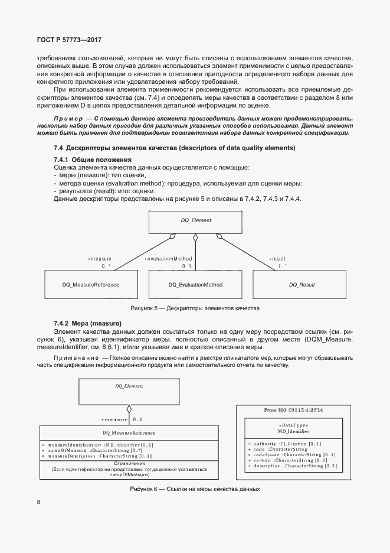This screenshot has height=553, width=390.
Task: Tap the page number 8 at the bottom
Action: (x=38, y=502)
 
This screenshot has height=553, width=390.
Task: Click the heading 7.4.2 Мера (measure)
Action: (x=87, y=324)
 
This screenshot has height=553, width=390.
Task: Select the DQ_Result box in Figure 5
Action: (x=301, y=285)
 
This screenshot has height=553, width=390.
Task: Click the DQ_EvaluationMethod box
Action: (x=195, y=285)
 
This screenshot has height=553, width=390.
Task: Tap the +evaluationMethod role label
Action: (x=168, y=259)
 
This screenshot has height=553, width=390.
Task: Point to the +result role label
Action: (x=277, y=259)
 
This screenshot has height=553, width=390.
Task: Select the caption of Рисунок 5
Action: (x=195, y=308)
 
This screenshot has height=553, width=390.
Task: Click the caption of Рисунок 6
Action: (x=195, y=490)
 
